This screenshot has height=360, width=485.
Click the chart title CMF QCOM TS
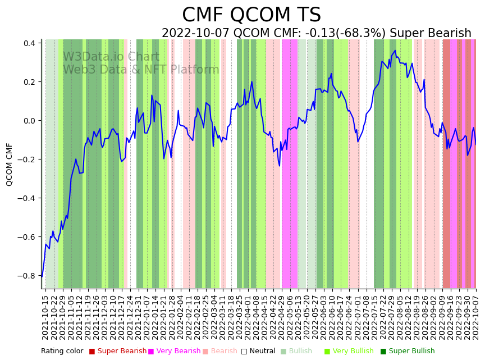[251, 15]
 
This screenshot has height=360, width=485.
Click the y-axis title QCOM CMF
[10, 164]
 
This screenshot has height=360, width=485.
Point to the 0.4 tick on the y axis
[29, 43]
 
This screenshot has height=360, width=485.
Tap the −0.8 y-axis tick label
[26, 276]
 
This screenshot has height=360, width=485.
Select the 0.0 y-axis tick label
[29, 121]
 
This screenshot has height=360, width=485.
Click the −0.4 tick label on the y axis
[26, 198]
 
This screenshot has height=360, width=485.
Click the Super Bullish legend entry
[411, 352]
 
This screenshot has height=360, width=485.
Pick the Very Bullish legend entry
[353, 352]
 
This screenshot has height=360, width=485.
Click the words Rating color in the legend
[62, 352]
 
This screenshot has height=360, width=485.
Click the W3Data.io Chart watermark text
[111, 57]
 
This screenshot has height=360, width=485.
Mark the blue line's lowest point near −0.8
[42, 276]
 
